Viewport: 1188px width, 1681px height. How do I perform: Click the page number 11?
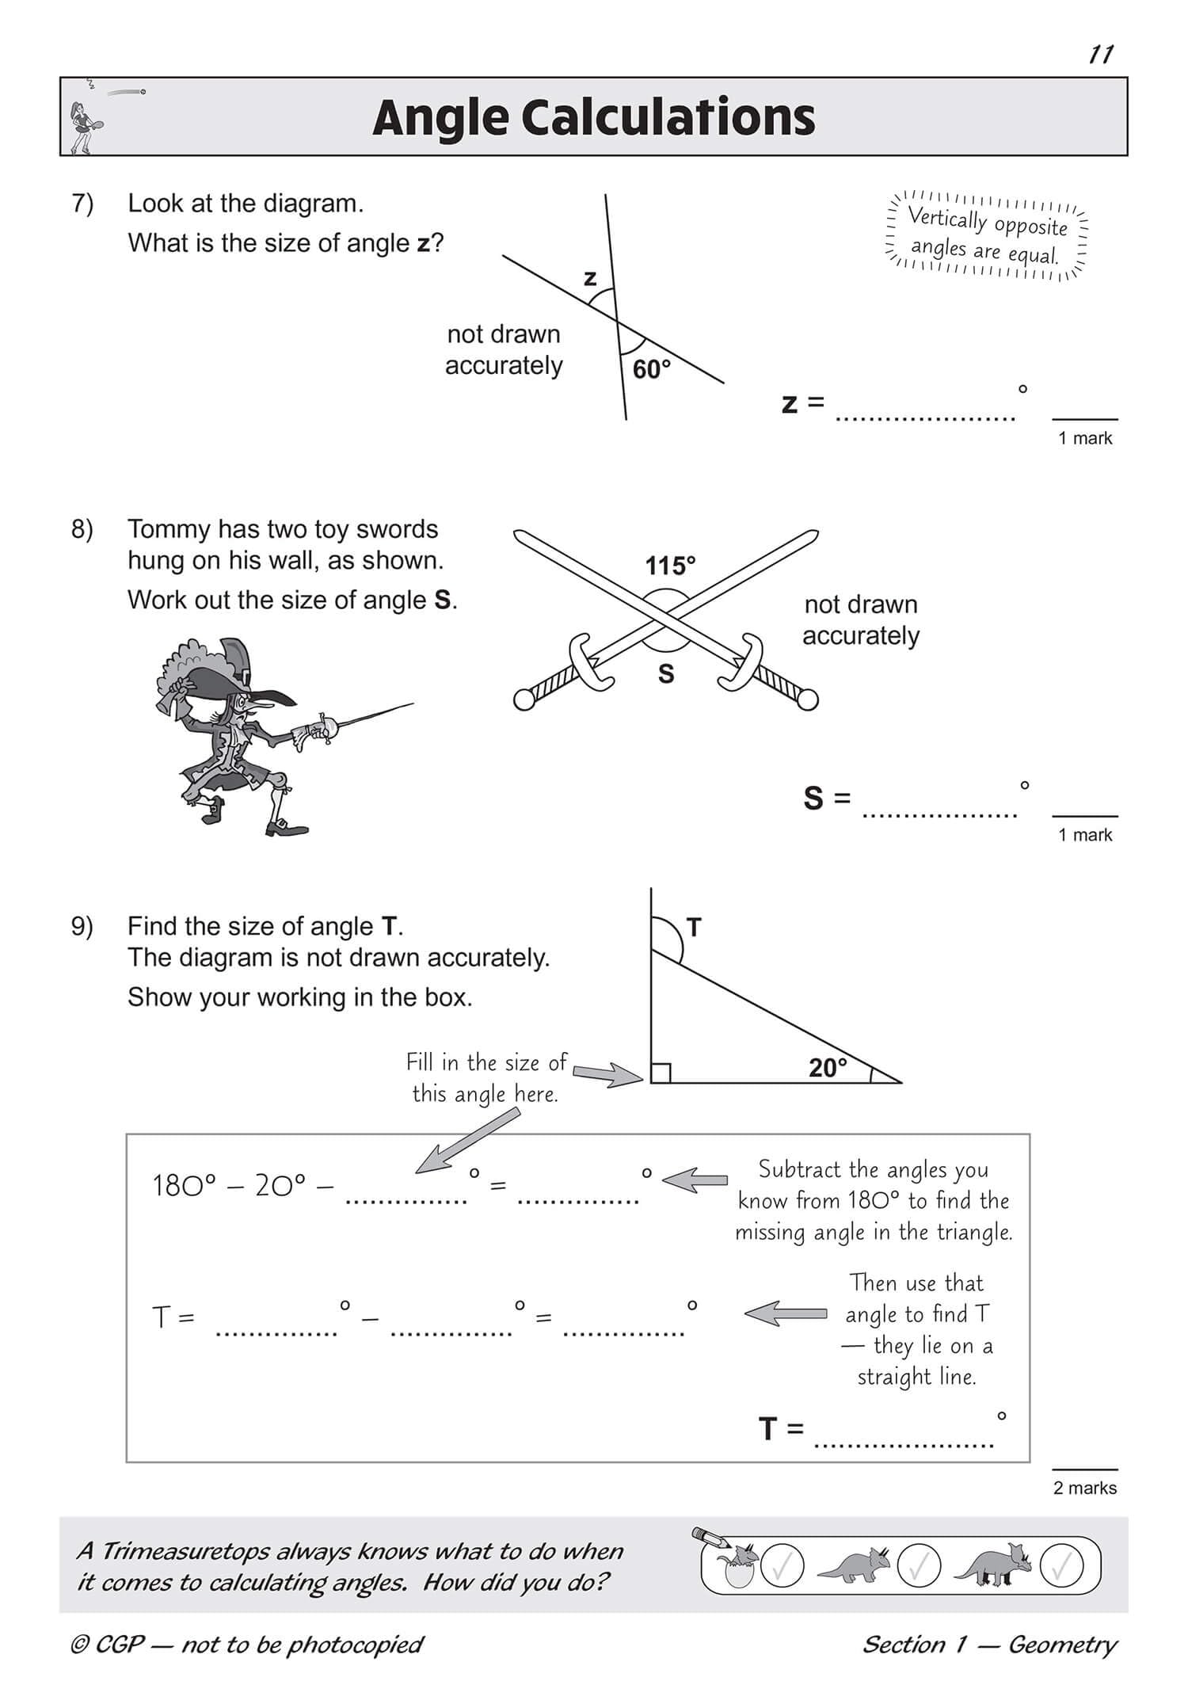(x=1101, y=55)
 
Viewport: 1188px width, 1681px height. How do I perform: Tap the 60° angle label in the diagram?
(x=651, y=369)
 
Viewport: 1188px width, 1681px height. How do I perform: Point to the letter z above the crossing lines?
(x=589, y=278)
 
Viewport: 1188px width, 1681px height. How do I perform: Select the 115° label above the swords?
(x=670, y=566)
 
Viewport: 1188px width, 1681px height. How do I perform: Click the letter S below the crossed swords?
(x=666, y=674)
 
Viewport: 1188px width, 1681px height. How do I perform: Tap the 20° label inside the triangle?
(x=827, y=1068)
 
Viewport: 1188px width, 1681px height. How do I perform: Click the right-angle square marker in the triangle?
(x=661, y=1073)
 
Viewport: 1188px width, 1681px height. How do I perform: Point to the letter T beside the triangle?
(x=694, y=927)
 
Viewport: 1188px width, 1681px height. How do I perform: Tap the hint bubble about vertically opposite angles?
(x=986, y=236)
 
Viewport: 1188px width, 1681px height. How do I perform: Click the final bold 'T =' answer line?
(x=904, y=1443)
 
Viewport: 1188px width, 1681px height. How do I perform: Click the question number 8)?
(x=82, y=529)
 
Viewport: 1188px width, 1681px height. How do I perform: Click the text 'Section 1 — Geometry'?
(x=989, y=1645)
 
